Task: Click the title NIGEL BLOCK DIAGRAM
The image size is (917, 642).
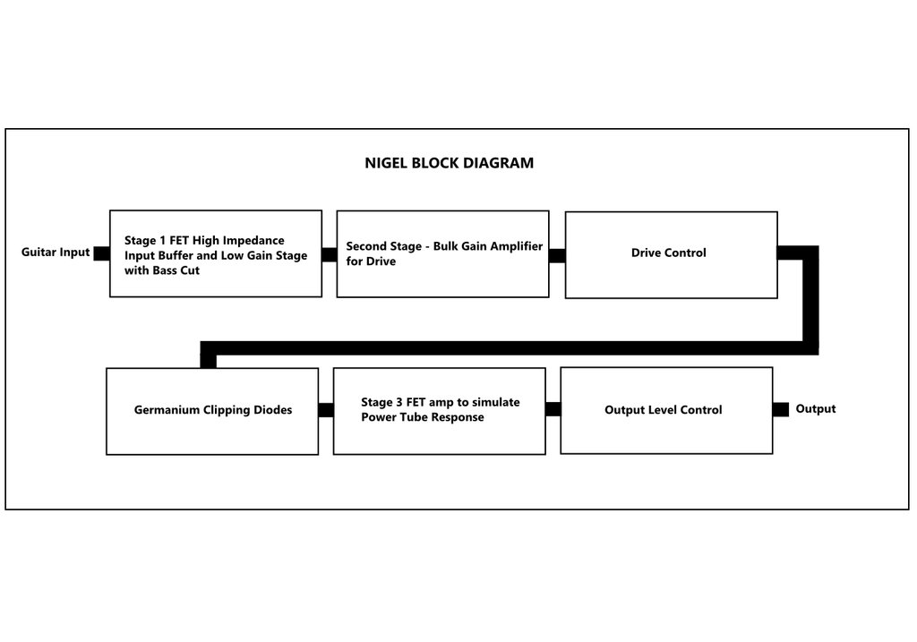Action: (x=450, y=163)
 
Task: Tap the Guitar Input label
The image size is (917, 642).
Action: (x=56, y=252)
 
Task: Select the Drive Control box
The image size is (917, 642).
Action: (x=672, y=255)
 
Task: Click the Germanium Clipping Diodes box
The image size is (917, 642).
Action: (x=212, y=411)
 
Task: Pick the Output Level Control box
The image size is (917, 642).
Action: (x=666, y=410)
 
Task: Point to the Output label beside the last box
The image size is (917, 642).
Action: (x=815, y=408)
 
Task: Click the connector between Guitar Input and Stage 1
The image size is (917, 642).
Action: (x=102, y=253)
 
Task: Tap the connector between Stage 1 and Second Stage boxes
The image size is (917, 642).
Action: (x=330, y=255)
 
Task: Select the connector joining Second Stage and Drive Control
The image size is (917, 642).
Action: (x=557, y=255)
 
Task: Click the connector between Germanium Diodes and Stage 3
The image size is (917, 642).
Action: (x=326, y=410)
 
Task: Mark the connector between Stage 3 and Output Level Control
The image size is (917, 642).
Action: (x=553, y=408)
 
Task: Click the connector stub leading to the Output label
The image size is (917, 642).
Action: (x=781, y=409)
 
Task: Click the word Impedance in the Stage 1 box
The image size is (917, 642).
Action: (x=253, y=240)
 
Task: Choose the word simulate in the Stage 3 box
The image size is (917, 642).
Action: (x=496, y=402)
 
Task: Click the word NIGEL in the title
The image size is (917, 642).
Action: (x=386, y=163)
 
